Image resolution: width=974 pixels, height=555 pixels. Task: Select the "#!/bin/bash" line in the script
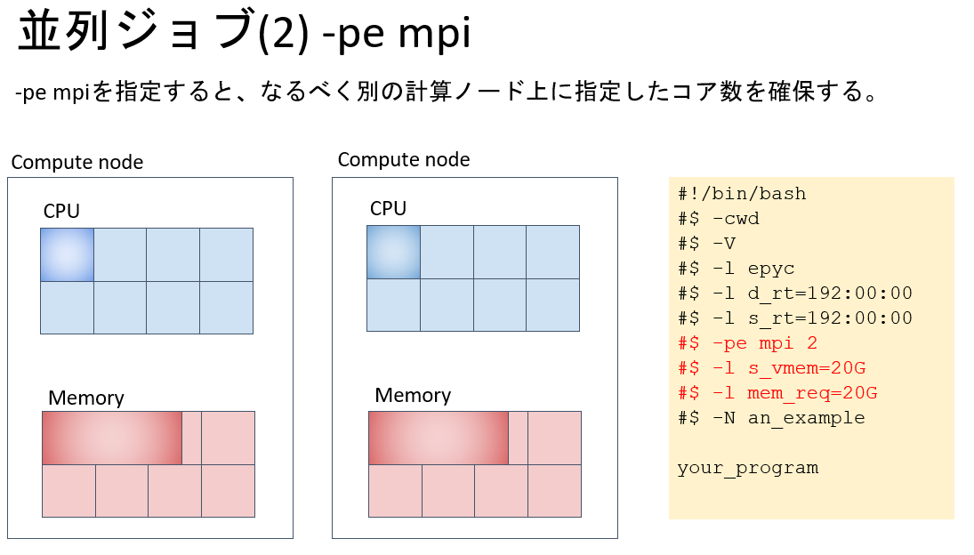pyautogui.click(x=742, y=194)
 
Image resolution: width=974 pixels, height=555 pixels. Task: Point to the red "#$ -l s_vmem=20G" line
pyautogui.click(x=771, y=368)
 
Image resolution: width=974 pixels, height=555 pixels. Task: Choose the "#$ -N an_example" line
pyautogui.click(x=771, y=418)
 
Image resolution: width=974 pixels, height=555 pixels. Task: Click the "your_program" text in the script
pyautogui.click(x=747, y=468)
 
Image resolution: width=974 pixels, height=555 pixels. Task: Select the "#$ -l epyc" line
pyautogui.click(x=736, y=269)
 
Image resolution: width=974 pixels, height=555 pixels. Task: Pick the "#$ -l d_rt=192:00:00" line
pyautogui.click(x=795, y=294)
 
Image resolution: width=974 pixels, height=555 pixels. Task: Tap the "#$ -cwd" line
pyautogui.click(x=719, y=219)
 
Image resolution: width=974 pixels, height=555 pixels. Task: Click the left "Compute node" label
pyautogui.click(x=76, y=163)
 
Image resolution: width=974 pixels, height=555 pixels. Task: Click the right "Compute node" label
pyautogui.click(x=403, y=160)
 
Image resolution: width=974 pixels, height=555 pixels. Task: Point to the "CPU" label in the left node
pyautogui.click(x=61, y=212)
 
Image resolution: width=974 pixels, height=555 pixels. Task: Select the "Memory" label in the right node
pyautogui.click(x=413, y=396)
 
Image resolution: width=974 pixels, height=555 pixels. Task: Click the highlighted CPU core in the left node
pyautogui.click(x=67, y=254)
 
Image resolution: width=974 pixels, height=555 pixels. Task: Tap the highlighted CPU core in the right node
pyautogui.click(x=393, y=252)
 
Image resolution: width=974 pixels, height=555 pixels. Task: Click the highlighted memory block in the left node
pyautogui.click(x=112, y=438)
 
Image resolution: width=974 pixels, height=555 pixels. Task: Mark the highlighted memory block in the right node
pyautogui.click(x=439, y=438)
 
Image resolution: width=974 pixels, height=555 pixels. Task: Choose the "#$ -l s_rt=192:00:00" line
pyautogui.click(x=795, y=318)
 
